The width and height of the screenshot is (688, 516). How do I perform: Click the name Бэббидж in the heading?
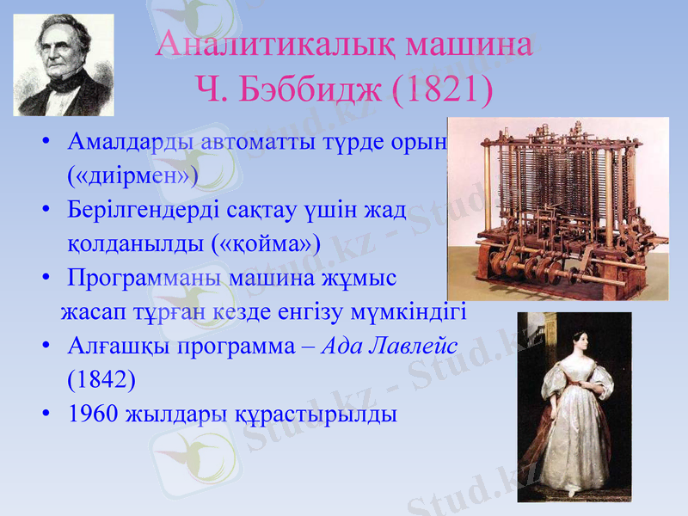tap(298, 90)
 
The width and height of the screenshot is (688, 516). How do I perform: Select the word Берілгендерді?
tap(150, 209)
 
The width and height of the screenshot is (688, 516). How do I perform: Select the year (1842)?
tap(101, 378)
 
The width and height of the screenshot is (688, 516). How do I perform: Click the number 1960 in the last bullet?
tap(93, 413)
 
